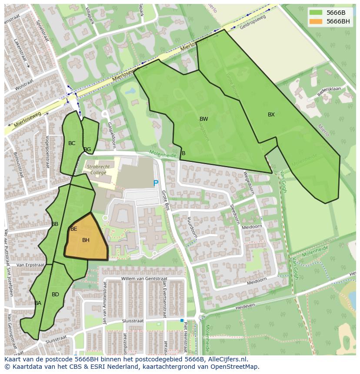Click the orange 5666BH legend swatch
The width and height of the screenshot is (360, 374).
316,22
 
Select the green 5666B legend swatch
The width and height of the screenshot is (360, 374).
316,13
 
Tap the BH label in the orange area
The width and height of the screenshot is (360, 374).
86,240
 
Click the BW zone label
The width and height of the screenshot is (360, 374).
203,119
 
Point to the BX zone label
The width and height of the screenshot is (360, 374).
271,115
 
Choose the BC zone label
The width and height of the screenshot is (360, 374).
72,143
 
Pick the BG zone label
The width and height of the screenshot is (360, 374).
87,150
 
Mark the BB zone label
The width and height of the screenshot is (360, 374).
55,224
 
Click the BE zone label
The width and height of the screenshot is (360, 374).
74,229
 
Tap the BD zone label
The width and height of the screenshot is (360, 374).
55,295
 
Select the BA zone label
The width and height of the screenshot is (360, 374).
38,303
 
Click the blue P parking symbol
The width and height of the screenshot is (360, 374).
156,184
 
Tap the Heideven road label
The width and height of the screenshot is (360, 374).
246,307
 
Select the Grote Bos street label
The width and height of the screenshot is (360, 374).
165,198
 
